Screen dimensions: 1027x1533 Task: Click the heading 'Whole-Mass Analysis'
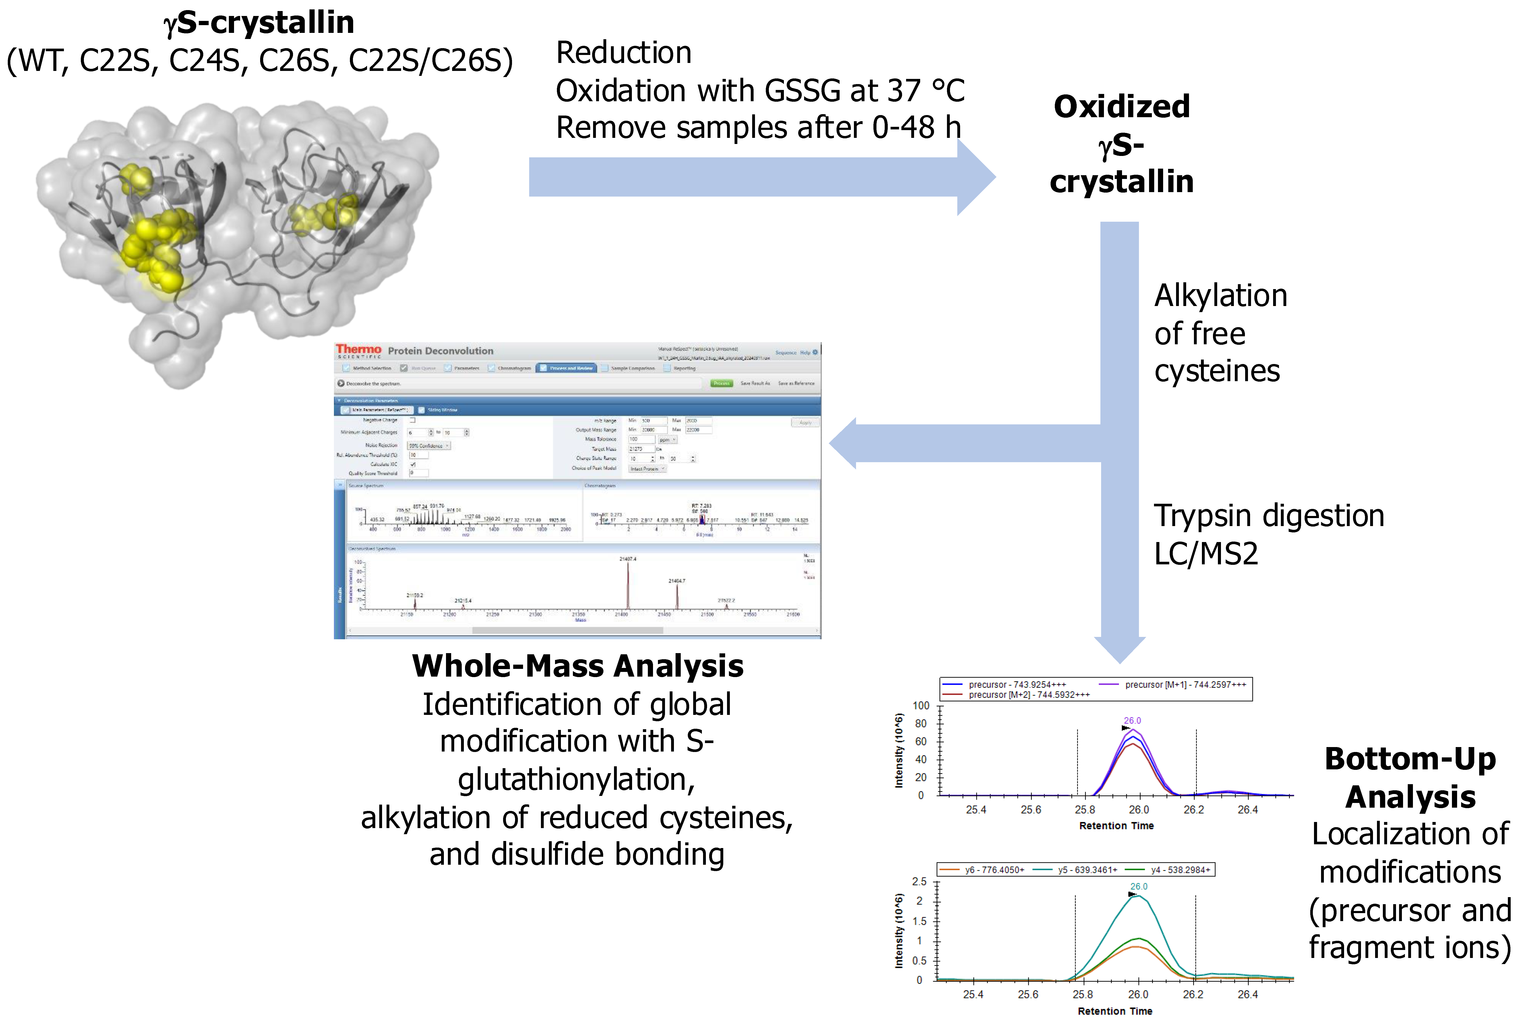pyautogui.click(x=577, y=666)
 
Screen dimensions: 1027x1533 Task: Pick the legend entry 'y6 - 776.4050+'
pyautogui.click(x=994, y=870)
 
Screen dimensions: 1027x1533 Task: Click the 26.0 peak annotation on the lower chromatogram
pyautogui.click(x=1139, y=886)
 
